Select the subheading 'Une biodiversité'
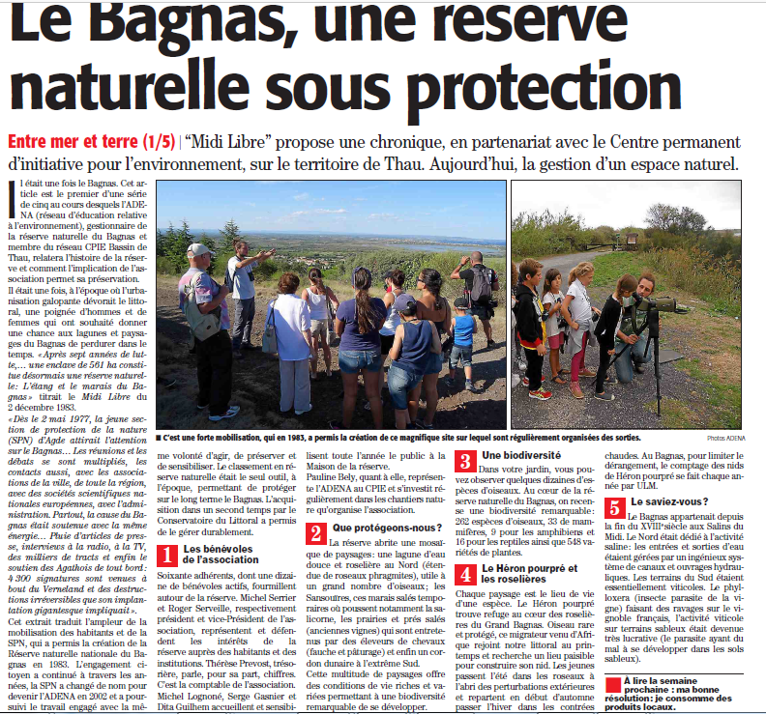pos(522,455)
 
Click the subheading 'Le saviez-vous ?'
pos(669,502)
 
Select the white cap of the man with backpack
pos(199,249)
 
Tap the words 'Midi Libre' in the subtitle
pos(231,141)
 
